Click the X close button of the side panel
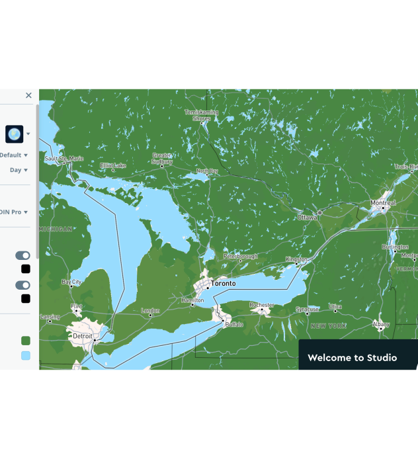28,95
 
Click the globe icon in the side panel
14,134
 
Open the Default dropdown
14,155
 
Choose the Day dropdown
19,170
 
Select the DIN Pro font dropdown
14,212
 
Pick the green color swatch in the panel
26,341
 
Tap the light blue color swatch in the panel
26,355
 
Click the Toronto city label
223,283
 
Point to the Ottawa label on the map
307,217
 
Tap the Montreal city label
383,203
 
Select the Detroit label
83,336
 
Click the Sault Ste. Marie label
64,159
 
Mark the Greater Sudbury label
162,159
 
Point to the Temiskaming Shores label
201,116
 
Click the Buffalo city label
234,325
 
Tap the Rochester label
262,305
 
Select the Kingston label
296,259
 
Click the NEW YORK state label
328,326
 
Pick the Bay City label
71,282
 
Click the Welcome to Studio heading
352,358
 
